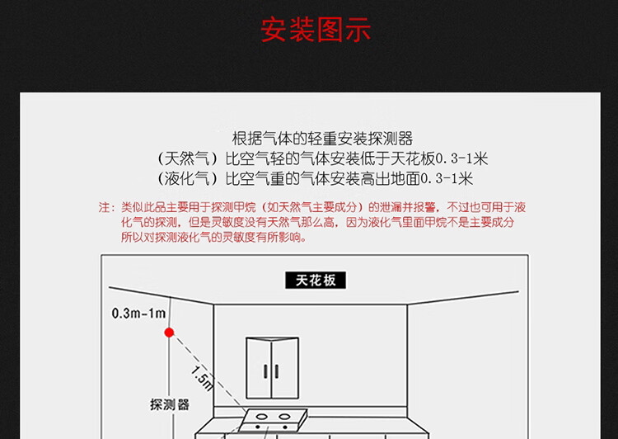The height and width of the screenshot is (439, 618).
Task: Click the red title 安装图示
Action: click(316, 29)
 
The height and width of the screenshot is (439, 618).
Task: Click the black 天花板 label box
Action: click(316, 280)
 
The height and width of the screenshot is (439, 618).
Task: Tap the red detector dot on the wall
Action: click(169, 333)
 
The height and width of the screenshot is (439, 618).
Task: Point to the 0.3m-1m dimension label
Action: click(138, 314)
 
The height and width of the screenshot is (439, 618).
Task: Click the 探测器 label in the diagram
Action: click(170, 404)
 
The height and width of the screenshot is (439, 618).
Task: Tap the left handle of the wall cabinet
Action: click(265, 371)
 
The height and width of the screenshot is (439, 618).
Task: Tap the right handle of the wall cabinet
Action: click(277, 371)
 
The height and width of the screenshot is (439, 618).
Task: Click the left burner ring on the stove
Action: click(262, 417)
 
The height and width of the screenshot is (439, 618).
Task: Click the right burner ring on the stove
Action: click(284, 417)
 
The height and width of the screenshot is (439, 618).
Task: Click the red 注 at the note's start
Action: click(104, 207)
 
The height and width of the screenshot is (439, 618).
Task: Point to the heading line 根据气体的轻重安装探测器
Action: click(322, 139)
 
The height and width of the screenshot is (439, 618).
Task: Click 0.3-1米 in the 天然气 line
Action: click(461, 158)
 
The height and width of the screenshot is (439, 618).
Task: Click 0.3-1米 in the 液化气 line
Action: click(447, 179)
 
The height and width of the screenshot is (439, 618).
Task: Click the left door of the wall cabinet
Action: click(259, 368)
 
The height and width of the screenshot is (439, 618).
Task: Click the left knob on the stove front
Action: click(258, 427)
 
